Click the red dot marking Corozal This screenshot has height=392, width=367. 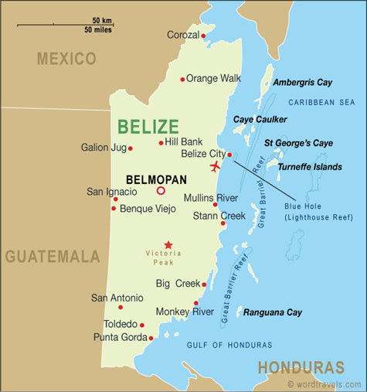coord(203,36)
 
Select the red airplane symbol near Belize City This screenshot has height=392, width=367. coord(216,166)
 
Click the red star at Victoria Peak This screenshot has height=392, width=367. coord(168,244)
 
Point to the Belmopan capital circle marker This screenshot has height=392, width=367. coord(161,190)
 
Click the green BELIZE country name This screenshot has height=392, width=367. coord(148,126)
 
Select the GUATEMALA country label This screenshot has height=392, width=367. coord(51,256)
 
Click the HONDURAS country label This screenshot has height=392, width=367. coord(301,366)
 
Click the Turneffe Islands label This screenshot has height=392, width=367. coord(309,167)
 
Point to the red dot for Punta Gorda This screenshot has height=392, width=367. coord(151,338)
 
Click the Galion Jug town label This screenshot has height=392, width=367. coord(103,148)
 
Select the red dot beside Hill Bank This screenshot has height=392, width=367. coord(161,142)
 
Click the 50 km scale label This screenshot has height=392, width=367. coord(102,19)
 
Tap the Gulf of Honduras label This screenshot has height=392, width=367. coord(229,344)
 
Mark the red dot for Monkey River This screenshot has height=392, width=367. coord(196,303)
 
